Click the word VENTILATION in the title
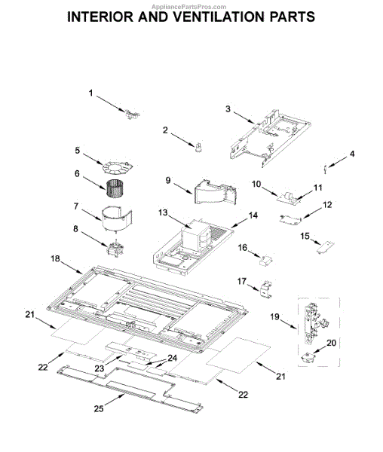[220, 17]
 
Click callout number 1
[90, 93]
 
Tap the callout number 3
[228, 109]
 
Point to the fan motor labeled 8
[115, 248]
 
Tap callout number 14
[253, 215]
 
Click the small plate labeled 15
[325, 247]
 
